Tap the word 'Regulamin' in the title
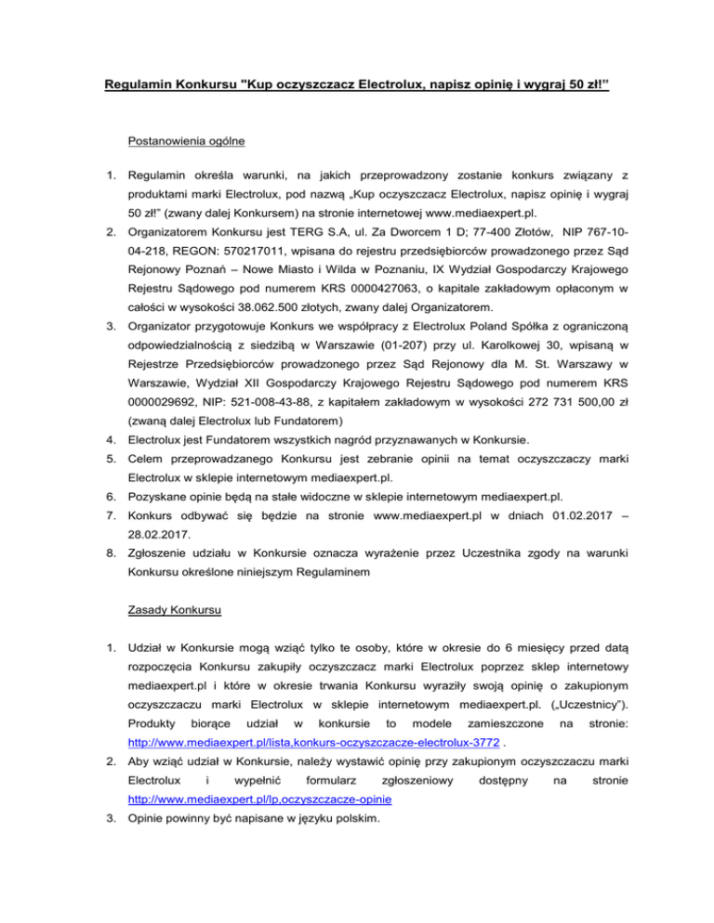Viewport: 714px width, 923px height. coord(141,87)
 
